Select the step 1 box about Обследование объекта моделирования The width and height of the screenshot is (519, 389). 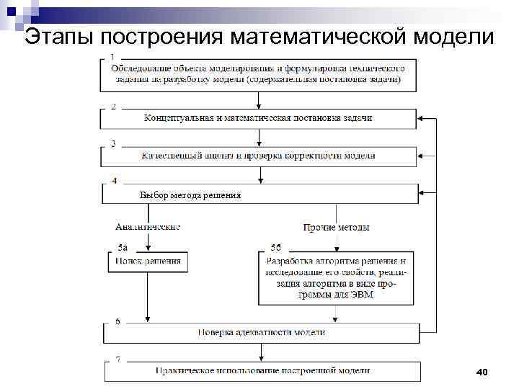tap(258, 73)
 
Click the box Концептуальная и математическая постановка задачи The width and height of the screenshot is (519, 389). tap(258, 117)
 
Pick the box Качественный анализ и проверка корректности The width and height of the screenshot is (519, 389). tap(258, 156)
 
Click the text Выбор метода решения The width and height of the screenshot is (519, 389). tap(190, 195)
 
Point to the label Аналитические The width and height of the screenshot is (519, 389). tap(147, 227)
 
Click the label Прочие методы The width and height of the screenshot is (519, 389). tap(337, 228)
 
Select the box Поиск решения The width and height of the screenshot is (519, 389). tap(148, 260)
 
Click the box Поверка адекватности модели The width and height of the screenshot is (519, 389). tap(262, 333)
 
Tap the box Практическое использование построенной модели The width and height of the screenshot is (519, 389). tap(262, 370)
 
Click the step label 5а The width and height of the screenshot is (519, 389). tap(123, 247)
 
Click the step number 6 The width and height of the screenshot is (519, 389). tap(117, 321)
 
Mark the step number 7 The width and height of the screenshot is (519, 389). tap(117, 359)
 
